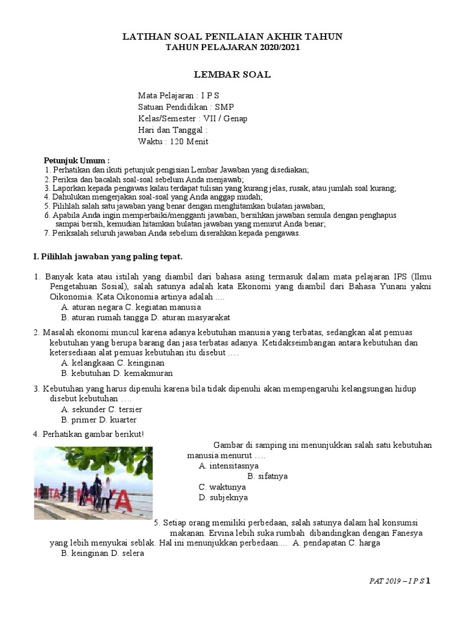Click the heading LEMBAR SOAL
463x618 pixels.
click(x=232, y=75)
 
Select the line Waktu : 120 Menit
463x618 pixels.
click(x=173, y=142)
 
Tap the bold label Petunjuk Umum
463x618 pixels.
click(x=77, y=161)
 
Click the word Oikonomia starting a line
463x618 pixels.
click(x=70, y=297)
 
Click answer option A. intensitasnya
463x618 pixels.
click(x=228, y=466)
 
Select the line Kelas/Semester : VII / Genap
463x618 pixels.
click(x=192, y=118)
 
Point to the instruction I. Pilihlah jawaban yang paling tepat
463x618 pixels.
click(x=107, y=256)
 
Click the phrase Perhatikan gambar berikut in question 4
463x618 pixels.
click(x=93, y=434)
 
